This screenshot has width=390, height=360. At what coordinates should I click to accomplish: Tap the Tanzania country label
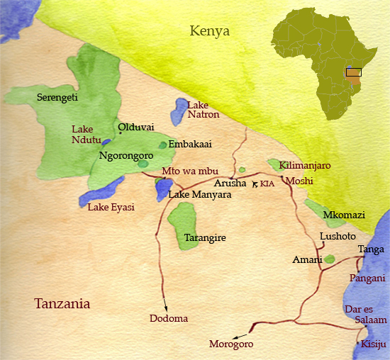(62, 304)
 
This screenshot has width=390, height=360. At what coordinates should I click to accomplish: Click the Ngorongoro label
(126, 155)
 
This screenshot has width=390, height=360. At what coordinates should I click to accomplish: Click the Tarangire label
(204, 238)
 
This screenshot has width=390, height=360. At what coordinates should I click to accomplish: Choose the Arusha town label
(230, 184)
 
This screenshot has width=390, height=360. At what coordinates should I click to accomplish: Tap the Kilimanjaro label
(306, 165)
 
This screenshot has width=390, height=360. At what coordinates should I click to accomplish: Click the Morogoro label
(230, 344)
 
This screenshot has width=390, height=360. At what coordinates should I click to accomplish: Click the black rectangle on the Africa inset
(353, 72)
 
